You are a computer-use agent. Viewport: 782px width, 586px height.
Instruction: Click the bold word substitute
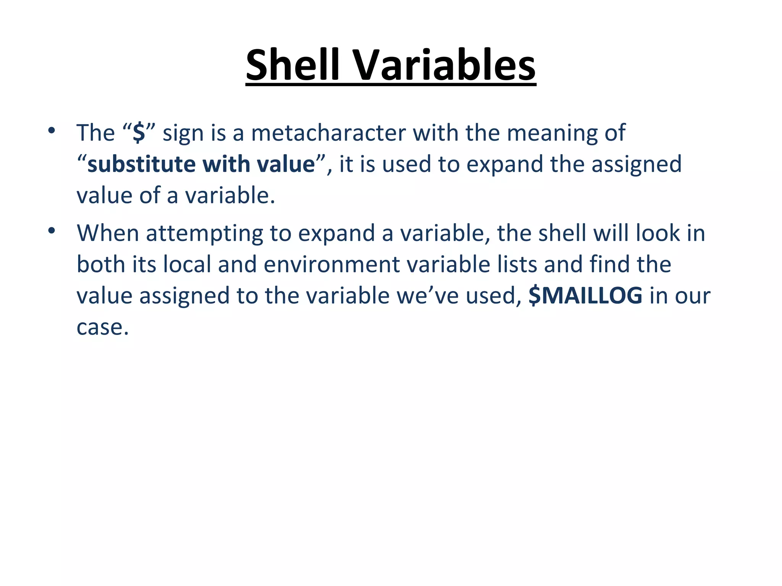(141, 164)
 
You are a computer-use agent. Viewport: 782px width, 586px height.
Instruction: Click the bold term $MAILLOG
(585, 296)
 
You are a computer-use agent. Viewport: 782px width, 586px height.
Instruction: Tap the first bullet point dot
(52, 131)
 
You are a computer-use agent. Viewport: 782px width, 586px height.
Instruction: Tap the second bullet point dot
(52, 231)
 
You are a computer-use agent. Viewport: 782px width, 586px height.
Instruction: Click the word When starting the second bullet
(108, 233)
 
